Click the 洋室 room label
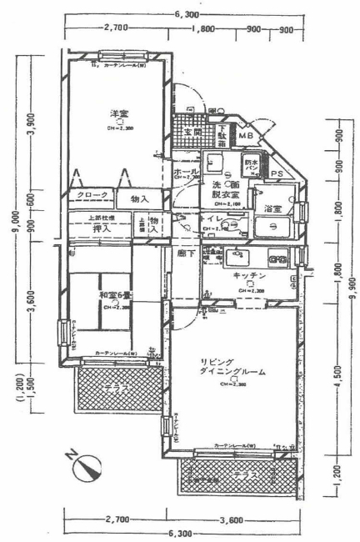pos(118,113)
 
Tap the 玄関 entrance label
pos(193,133)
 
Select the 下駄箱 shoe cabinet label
pos(222,135)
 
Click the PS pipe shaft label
pos(276,173)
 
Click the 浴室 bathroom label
pos(272,208)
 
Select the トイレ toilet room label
pos(211,218)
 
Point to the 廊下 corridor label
pos(186,253)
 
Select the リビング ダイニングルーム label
pos(232,367)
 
